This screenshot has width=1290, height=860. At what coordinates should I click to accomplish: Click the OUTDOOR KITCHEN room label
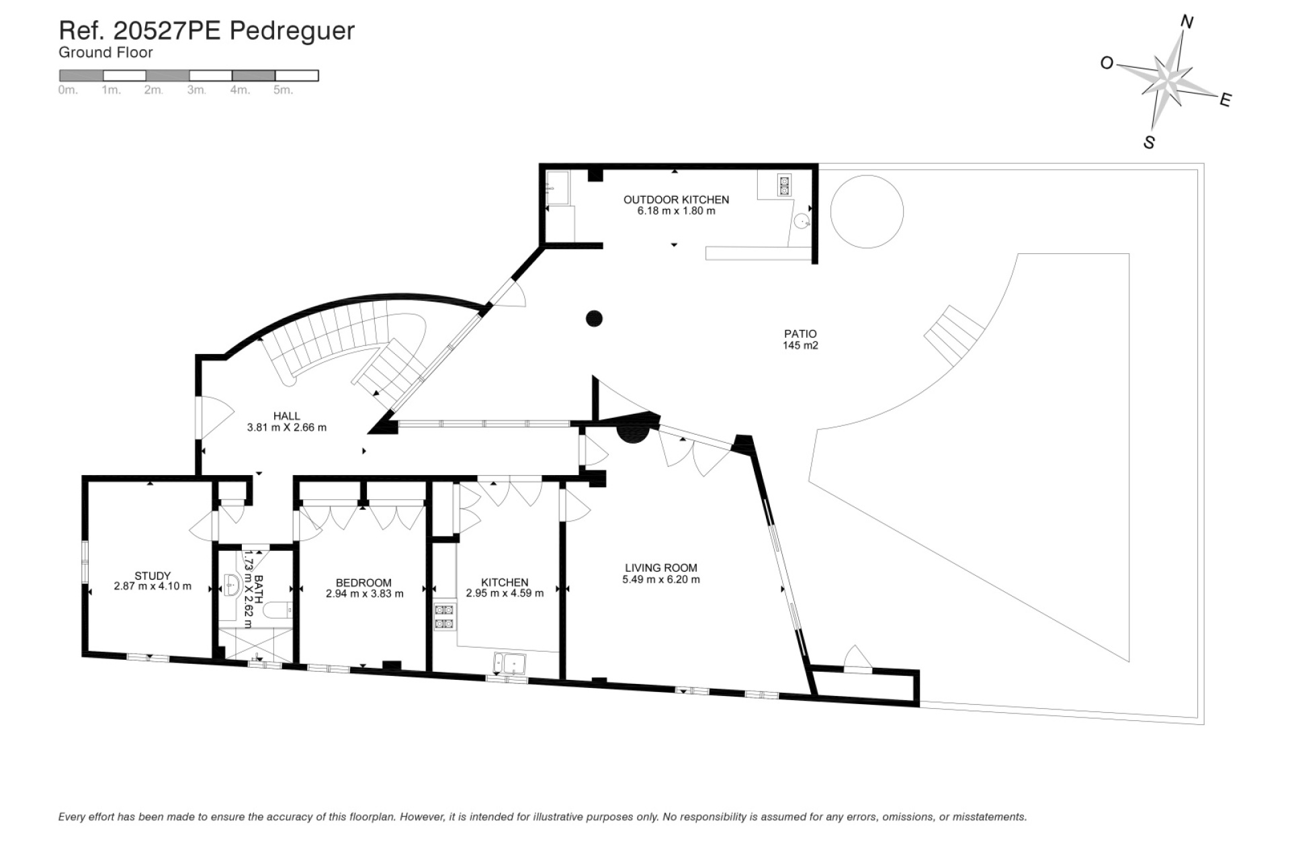tap(676, 200)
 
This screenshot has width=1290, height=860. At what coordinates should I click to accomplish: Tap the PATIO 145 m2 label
tap(800, 339)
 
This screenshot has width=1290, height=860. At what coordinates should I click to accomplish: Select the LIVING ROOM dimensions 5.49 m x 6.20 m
tap(661, 579)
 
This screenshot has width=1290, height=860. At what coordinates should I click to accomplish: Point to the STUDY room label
tap(153, 575)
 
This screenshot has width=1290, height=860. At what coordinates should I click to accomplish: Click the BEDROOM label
tap(363, 583)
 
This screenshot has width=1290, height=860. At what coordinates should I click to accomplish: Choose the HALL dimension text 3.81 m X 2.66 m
tap(287, 427)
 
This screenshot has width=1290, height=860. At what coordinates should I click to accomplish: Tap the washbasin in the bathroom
tap(232, 585)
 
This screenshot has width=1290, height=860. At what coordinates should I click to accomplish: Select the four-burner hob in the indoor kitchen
tap(444, 617)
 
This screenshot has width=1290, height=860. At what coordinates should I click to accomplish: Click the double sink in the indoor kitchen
tap(510, 662)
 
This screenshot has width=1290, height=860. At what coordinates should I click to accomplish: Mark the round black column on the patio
tap(594, 318)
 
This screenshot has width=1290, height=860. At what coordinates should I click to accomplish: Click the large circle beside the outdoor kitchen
tap(867, 212)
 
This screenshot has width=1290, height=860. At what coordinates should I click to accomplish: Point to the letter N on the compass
tap(1187, 23)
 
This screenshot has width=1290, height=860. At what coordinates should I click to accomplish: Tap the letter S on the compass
tap(1149, 142)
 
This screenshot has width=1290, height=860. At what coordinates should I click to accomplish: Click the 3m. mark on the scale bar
tap(196, 90)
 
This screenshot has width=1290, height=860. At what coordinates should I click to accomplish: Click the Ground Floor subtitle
tap(105, 52)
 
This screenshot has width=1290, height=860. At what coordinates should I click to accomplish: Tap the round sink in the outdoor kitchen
tap(802, 220)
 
